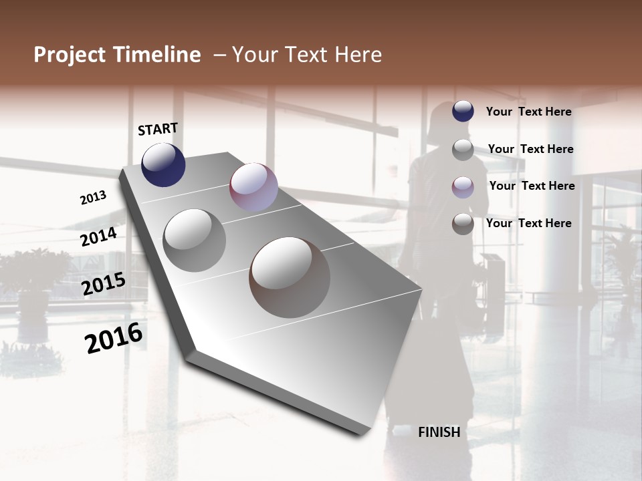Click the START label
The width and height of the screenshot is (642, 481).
pyautogui.click(x=158, y=129)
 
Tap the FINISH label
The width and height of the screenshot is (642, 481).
pyautogui.click(x=439, y=432)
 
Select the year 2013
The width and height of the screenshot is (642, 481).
pyautogui.click(x=93, y=198)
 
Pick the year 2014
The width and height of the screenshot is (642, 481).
pyautogui.click(x=98, y=236)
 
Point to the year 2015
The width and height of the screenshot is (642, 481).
pyautogui.click(x=104, y=284)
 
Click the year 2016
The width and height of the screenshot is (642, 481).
pyautogui.click(x=114, y=338)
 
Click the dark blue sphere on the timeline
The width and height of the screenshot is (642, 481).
pyautogui.click(x=163, y=164)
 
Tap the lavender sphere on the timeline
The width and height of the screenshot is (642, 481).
pyautogui.click(x=253, y=187)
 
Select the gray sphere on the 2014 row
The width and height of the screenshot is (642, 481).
pyautogui.click(x=195, y=240)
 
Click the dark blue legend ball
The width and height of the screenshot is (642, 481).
pyautogui.click(x=463, y=112)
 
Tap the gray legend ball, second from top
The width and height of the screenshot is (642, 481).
pyautogui.click(x=463, y=150)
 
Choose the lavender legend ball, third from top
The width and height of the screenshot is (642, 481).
pyautogui.click(x=463, y=187)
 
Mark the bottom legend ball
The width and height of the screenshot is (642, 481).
pyautogui.click(x=463, y=224)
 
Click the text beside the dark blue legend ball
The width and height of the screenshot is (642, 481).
pyautogui.click(x=528, y=112)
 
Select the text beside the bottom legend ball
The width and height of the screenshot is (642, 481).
pyautogui.click(x=528, y=223)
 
